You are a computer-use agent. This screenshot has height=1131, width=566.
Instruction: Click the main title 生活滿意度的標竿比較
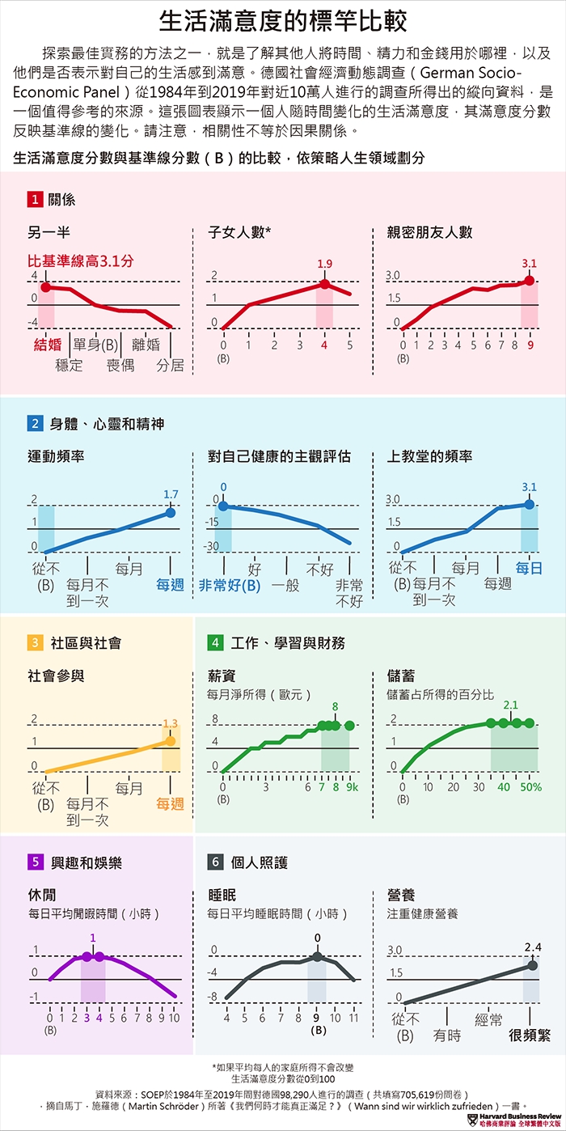(283, 21)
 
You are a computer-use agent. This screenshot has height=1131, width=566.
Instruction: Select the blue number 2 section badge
(35, 423)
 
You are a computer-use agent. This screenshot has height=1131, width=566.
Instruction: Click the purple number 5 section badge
(35, 862)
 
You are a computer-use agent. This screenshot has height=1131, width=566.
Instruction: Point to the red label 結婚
(47, 345)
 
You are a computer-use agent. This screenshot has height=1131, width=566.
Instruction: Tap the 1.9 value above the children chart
(324, 264)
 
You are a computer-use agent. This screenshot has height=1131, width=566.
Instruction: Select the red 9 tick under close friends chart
(530, 345)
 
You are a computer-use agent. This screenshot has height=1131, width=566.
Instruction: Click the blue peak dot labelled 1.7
(171, 512)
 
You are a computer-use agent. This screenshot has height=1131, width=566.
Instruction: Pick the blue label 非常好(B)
(230, 585)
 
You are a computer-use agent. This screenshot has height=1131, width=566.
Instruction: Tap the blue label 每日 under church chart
(529, 568)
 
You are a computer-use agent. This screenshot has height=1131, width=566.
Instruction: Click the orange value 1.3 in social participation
(170, 723)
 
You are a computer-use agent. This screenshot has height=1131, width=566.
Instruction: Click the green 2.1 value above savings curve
(510, 705)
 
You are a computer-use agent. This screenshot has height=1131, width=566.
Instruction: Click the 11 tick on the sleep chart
(353, 1018)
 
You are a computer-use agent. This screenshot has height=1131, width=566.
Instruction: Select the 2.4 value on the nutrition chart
(533, 947)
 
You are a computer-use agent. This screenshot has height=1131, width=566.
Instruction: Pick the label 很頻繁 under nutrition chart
(529, 1036)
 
